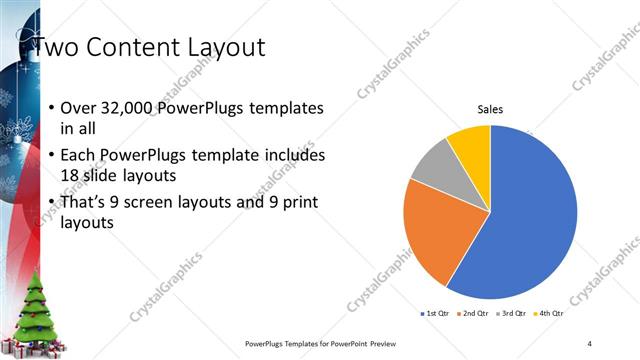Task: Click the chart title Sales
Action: tap(489, 109)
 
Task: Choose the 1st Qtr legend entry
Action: tap(436, 314)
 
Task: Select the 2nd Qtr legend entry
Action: tap(473, 314)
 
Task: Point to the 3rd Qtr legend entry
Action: tap(511, 314)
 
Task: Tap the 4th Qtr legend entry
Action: tap(549, 314)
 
